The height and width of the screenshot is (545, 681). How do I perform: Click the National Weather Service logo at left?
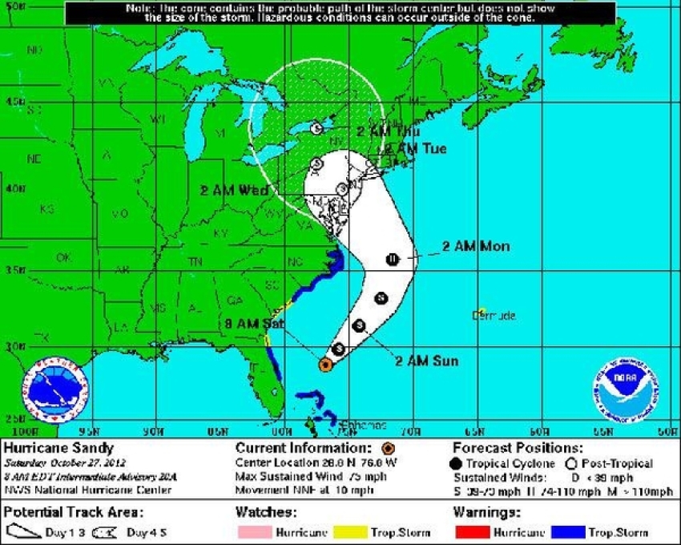[x=55, y=388]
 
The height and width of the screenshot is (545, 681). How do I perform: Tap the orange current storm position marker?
[x=324, y=365]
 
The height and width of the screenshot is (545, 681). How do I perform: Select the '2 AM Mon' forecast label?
[x=475, y=247]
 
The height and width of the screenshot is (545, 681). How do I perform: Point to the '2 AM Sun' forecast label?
[x=426, y=361]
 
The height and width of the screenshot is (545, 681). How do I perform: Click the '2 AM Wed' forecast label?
[x=234, y=191]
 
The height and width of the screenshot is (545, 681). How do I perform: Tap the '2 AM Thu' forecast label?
[x=389, y=131]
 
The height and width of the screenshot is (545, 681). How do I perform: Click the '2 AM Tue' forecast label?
[x=414, y=149]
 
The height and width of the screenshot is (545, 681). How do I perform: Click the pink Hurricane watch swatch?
[x=255, y=532]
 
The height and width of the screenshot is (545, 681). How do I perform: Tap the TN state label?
[x=194, y=262]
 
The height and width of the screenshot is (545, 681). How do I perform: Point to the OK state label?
[x=62, y=258]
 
